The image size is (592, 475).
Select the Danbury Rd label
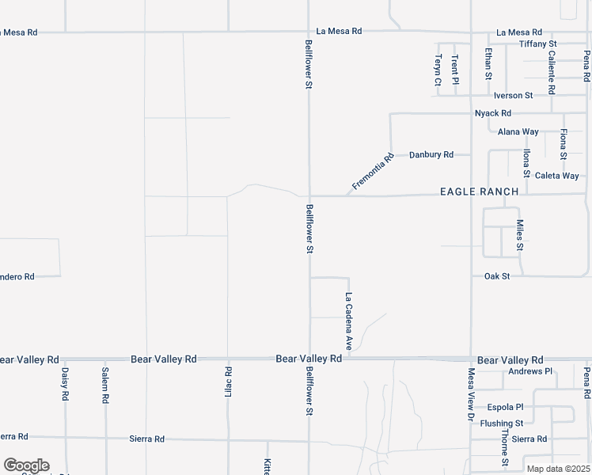click(x=431, y=154)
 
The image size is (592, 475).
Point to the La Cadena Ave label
click(x=348, y=321)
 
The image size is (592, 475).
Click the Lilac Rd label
click(x=228, y=382)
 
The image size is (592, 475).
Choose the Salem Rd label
click(x=104, y=386)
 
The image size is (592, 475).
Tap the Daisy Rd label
click(x=65, y=386)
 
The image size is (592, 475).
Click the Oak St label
click(x=497, y=276)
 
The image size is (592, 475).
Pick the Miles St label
click(x=520, y=235)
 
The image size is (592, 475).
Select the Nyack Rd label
click(x=493, y=113)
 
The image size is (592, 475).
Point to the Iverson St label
click(x=514, y=95)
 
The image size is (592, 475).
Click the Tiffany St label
click(x=539, y=44)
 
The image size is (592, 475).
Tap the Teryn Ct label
click(x=437, y=69)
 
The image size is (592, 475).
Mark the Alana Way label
click(x=518, y=132)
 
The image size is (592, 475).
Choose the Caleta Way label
click(x=557, y=176)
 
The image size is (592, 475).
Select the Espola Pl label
click(x=506, y=407)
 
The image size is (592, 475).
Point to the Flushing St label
click(x=502, y=424)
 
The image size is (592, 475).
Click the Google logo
click(x=26, y=465)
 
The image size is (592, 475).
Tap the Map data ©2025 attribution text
click(x=558, y=469)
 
